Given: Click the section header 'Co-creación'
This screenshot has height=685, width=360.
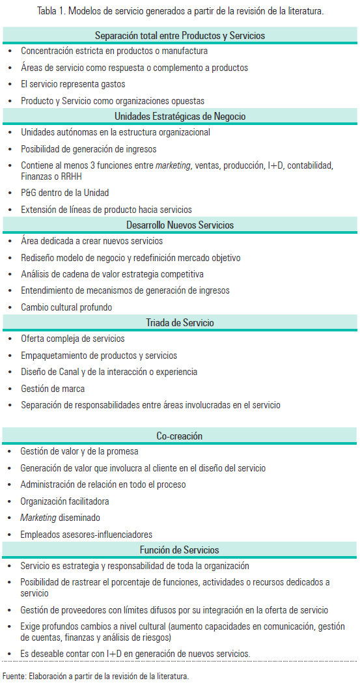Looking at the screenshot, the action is pyautogui.click(x=180, y=436).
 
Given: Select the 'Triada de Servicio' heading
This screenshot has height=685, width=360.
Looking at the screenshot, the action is pyautogui.click(x=180, y=323).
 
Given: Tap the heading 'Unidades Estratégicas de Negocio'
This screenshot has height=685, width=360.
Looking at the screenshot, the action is pyautogui.click(x=180, y=117).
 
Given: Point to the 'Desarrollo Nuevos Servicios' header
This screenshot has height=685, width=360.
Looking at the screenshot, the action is pyautogui.click(x=180, y=225).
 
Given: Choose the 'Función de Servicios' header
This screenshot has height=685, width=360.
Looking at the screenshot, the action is pyautogui.click(x=180, y=550).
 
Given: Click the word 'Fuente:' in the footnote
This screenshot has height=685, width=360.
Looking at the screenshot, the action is pyautogui.click(x=14, y=676).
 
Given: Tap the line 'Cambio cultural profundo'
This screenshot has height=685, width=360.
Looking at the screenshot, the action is pyautogui.click(x=66, y=307).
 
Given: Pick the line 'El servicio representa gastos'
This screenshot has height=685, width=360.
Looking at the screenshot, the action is pyautogui.click(x=73, y=84).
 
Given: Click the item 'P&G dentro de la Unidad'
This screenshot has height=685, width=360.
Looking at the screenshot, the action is pyautogui.click(x=65, y=193).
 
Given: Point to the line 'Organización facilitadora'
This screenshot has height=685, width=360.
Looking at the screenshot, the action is pyautogui.click(x=64, y=501).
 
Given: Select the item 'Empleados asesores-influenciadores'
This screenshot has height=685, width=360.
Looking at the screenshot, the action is pyautogui.click(x=86, y=535).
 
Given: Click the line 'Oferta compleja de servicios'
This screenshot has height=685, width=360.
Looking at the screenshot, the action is pyautogui.click(x=72, y=339).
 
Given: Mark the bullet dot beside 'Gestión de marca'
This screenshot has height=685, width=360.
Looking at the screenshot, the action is pyautogui.click(x=10, y=389).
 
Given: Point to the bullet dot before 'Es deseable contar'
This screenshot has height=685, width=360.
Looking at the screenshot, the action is pyautogui.click(x=10, y=654).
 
